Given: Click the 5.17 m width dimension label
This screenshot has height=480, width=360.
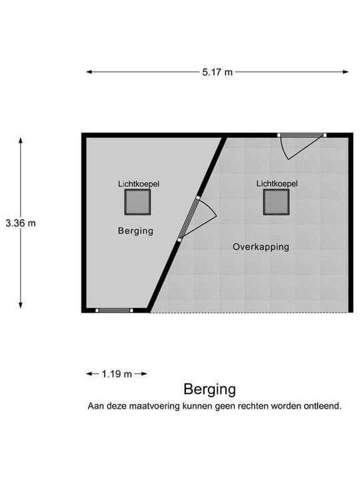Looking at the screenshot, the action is pos(217,72).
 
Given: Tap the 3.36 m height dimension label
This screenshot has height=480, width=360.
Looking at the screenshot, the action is pos(21,223).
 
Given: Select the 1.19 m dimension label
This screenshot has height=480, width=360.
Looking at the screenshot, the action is pos(117,374).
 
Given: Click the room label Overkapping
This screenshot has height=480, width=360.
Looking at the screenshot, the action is pos(261,247).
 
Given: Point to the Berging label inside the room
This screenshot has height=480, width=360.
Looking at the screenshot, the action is pos(135,231).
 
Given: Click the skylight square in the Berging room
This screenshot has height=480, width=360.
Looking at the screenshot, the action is pos(137,202).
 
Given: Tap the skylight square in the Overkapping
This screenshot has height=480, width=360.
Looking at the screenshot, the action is pos(277,202).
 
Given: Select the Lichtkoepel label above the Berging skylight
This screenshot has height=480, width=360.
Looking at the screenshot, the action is pos(139,184).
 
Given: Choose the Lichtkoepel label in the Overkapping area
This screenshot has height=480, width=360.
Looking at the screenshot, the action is pos(277,184).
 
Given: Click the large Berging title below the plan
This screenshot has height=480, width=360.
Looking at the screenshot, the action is pos(210,390).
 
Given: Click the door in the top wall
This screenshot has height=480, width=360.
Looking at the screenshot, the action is pos(301,146).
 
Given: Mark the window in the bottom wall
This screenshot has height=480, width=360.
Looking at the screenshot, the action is pos(114,311).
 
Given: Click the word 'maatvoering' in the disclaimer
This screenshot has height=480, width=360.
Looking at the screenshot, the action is pos(154,406).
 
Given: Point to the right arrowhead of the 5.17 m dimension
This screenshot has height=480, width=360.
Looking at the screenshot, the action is pos(345,72).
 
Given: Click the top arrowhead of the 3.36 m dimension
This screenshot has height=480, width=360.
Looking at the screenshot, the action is pos(21,141).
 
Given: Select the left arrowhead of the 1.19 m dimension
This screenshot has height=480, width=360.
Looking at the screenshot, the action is pos(89,374).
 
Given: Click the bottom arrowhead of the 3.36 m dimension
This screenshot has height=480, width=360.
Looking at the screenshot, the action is pos(21,305).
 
